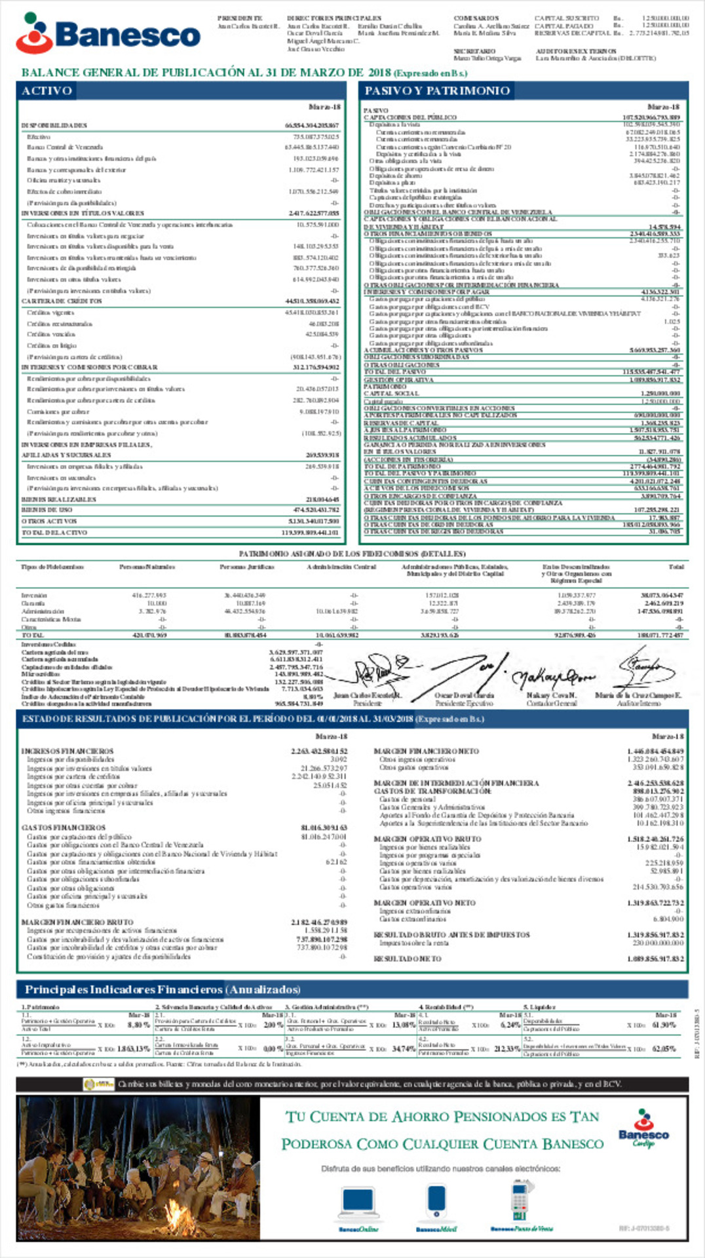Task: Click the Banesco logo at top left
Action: (109, 33)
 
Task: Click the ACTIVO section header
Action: (47, 90)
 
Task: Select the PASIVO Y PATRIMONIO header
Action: (437, 90)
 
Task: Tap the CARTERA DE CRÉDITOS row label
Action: (62, 301)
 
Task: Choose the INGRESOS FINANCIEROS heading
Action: (67, 751)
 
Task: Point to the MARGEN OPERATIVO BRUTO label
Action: (427, 839)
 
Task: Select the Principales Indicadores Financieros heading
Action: (162, 989)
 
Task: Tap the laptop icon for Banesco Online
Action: (358, 1203)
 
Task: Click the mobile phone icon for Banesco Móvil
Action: (436, 1203)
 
